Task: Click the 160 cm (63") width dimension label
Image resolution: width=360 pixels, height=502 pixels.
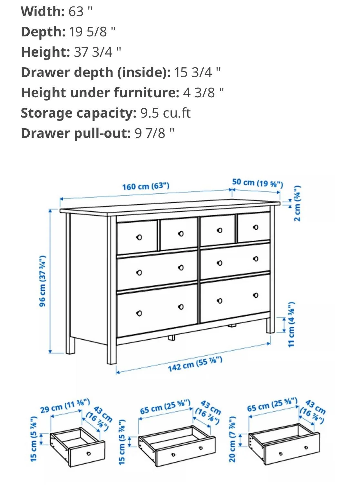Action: [x=145, y=186]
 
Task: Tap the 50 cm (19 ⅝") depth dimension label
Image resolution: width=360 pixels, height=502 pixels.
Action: [x=258, y=183]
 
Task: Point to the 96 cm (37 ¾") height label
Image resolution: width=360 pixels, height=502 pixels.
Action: [x=43, y=281]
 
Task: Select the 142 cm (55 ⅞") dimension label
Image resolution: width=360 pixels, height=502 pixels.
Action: [x=195, y=364]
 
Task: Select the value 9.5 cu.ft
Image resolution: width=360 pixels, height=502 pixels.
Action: [x=165, y=113]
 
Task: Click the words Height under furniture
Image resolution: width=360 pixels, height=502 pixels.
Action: [x=100, y=93]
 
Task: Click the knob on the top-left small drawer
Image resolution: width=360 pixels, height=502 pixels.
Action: [x=139, y=237]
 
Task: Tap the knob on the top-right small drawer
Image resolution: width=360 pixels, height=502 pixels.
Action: [x=256, y=227]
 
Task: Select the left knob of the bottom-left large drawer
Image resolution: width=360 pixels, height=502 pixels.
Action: [x=139, y=313]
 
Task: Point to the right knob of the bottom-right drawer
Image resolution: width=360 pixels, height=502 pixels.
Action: [x=256, y=295]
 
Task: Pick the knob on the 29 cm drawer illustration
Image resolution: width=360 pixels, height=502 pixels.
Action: [x=88, y=453]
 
